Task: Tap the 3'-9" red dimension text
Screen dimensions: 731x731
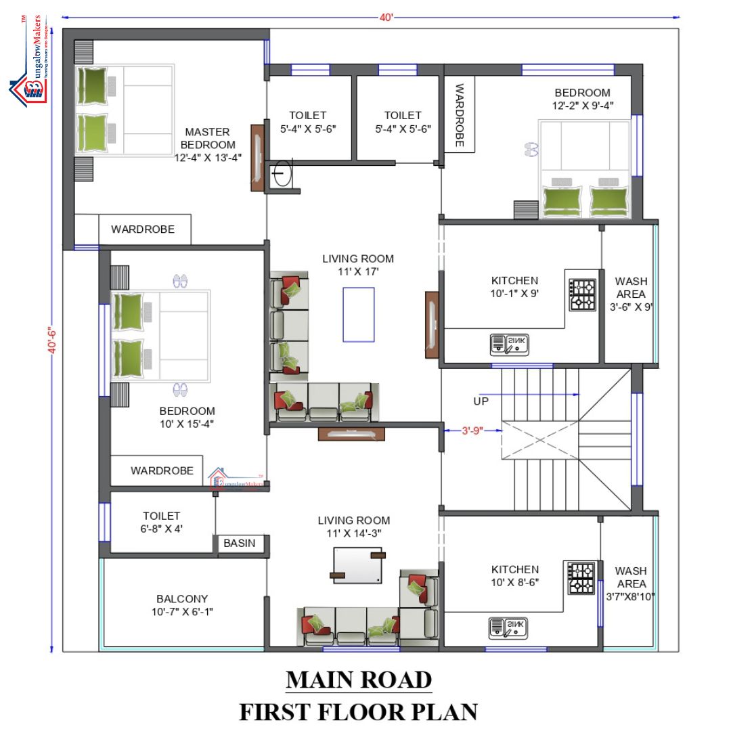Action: click(472, 429)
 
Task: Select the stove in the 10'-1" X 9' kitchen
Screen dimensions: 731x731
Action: click(583, 295)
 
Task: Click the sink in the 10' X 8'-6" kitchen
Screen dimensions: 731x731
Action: click(508, 628)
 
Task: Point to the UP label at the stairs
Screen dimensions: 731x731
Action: click(481, 401)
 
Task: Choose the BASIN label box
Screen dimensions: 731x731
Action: click(240, 543)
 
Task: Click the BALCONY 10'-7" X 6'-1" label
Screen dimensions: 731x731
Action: click(182, 605)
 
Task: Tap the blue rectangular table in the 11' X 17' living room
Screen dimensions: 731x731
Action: click(358, 315)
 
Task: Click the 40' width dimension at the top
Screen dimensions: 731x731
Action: click(386, 16)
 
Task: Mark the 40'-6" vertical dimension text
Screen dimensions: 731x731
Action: click(51, 338)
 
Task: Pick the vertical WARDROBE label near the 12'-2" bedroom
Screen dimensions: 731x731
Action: click(459, 115)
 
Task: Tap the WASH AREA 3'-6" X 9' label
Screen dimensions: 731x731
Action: click(631, 294)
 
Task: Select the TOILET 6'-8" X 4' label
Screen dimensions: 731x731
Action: click(161, 522)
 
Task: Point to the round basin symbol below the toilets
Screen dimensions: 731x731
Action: click(281, 177)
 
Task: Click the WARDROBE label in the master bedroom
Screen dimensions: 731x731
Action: click(143, 229)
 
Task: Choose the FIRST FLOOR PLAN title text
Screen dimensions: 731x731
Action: click(358, 711)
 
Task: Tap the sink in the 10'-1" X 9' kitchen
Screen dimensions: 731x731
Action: click(508, 344)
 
